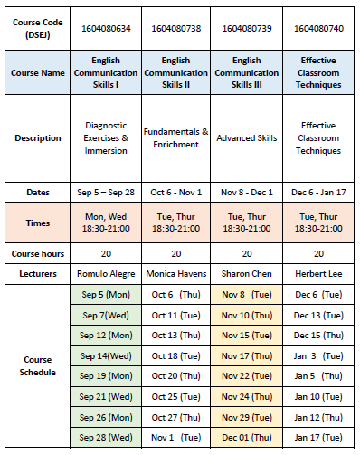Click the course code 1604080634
108,28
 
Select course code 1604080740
318,28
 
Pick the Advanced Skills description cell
247,137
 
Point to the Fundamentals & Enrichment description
177,137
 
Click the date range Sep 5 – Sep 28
108,192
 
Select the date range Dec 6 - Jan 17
318,192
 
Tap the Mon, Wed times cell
108,223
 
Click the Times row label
38,223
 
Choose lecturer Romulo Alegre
108,272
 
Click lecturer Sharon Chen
247,272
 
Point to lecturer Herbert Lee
318,272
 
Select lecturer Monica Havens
177,272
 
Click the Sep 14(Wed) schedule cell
108,355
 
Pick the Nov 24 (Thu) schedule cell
247,395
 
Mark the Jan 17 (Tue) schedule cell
318,436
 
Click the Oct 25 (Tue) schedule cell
177,395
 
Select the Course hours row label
38,253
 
